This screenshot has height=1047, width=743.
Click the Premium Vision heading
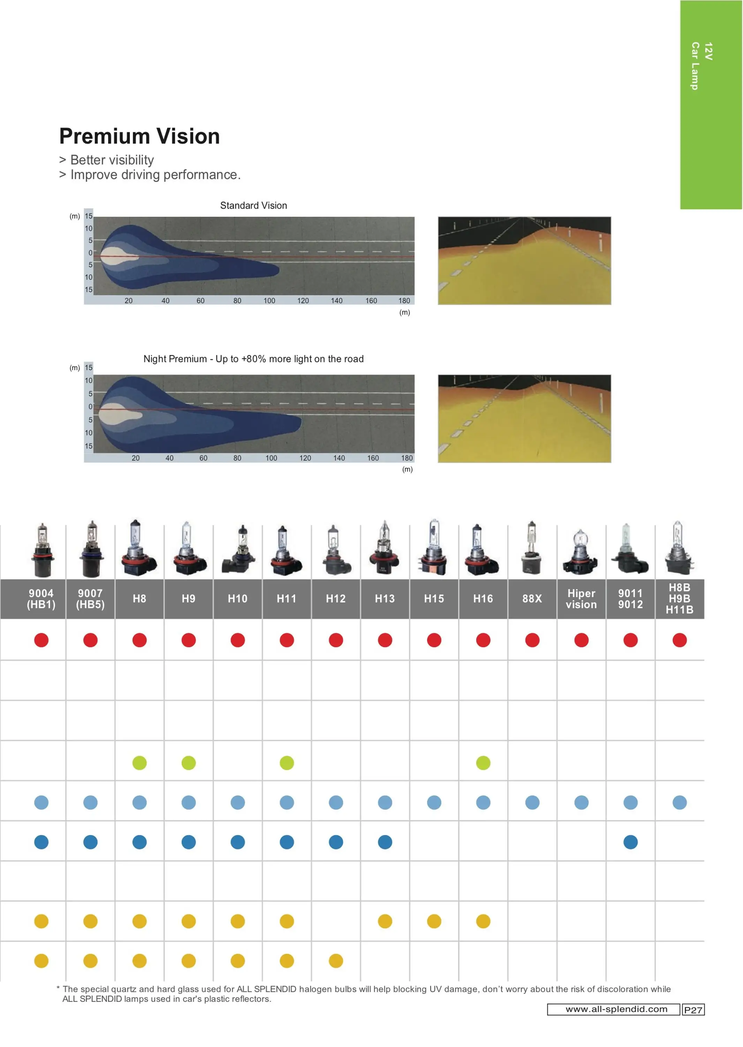tap(140, 136)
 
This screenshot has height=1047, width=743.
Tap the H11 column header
tap(286, 599)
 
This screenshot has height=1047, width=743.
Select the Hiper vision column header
tap(581, 599)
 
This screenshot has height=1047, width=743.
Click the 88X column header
tap(532, 599)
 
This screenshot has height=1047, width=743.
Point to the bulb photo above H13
tap(385, 548)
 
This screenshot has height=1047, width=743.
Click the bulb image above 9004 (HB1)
tap(42, 550)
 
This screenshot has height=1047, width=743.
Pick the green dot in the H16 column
tap(483, 763)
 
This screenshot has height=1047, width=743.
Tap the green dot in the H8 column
tap(140, 763)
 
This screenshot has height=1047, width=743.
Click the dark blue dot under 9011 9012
tap(630, 842)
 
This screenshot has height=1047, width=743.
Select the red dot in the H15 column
tap(434, 640)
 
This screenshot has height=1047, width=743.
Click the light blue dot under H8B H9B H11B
tap(680, 802)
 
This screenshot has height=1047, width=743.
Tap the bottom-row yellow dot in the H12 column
tap(336, 961)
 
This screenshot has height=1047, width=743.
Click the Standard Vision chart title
tap(254, 206)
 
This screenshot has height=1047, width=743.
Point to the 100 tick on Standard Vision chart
tap(270, 300)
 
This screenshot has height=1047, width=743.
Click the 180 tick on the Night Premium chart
tap(407, 458)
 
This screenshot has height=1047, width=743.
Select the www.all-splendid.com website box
tap(614, 1009)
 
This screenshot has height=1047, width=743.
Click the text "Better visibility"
tap(112, 160)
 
